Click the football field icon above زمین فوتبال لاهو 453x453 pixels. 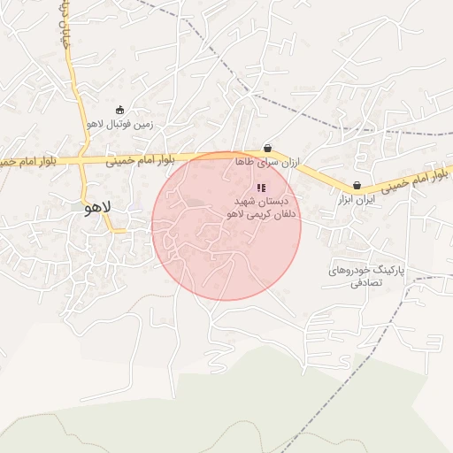point(120,110)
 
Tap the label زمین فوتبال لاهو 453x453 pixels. point(120,125)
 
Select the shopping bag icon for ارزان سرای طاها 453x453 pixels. point(267,149)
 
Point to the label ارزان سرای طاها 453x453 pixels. point(268,163)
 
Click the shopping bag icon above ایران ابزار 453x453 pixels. point(357,186)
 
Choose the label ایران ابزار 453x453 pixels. point(357,201)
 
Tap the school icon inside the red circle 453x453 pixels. point(260,188)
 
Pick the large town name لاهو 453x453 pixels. point(96,209)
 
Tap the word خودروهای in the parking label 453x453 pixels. point(346,269)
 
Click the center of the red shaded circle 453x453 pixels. point(226,226)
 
